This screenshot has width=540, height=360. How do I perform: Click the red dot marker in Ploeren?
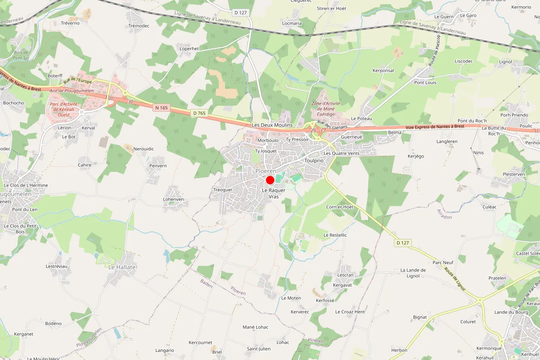[x=270, y=180]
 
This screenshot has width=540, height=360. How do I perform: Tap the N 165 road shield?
[x=161, y=108]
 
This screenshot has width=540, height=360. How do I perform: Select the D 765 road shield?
[x=199, y=113]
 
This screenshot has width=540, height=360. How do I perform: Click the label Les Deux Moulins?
[x=272, y=125]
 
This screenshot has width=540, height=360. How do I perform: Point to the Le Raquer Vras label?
[x=274, y=193]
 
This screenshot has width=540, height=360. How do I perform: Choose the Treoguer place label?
[x=223, y=190]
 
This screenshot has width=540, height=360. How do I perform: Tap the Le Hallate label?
[x=122, y=267]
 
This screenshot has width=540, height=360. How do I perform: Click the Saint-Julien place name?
[x=259, y=349]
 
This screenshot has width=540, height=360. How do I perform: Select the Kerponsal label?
[x=383, y=71]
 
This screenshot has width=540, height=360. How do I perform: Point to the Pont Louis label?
[x=425, y=83]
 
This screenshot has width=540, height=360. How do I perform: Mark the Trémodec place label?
[x=139, y=26]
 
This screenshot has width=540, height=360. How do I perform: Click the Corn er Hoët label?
[x=340, y=207]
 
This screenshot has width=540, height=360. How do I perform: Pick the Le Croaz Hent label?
[x=350, y=312]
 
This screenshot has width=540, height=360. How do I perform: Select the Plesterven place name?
[x=514, y=174]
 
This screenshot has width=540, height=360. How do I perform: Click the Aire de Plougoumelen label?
[x=72, y=91]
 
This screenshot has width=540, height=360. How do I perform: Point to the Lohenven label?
[x=173, y=199]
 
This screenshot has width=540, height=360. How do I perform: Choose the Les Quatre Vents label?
[x=342, y=153]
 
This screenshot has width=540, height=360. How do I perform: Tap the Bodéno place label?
[x=53, y=324]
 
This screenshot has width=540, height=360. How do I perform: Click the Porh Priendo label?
[x=514, y=115]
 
